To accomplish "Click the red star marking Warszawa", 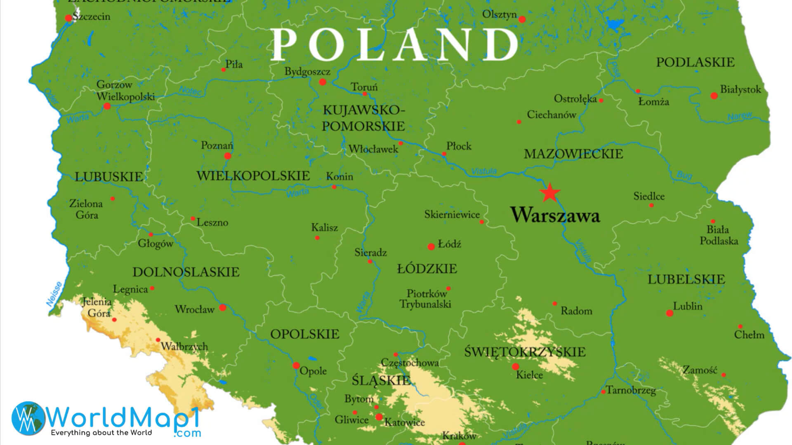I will point(550,192).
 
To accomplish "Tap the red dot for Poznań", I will point(227,156).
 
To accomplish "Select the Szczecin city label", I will point(91,16).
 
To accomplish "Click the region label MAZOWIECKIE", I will point(573,154).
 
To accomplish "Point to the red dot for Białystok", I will point(714,96).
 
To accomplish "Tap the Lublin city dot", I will point(669,313).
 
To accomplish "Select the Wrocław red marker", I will point(223,307).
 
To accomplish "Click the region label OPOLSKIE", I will point(305,334).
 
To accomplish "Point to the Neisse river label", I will point(54,294).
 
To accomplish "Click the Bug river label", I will point(684,175).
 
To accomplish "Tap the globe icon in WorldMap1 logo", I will point(28,419).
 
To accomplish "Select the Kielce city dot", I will point(516,366).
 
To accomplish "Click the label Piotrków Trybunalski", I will point(425,299).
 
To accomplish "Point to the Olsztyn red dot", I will point(522,19).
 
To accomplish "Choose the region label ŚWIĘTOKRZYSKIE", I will point(525,352).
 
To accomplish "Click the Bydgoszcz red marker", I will point(323,82).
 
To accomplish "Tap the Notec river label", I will point(190,91).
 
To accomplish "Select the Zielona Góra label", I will point(86,209).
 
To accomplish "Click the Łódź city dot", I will point(431,247).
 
